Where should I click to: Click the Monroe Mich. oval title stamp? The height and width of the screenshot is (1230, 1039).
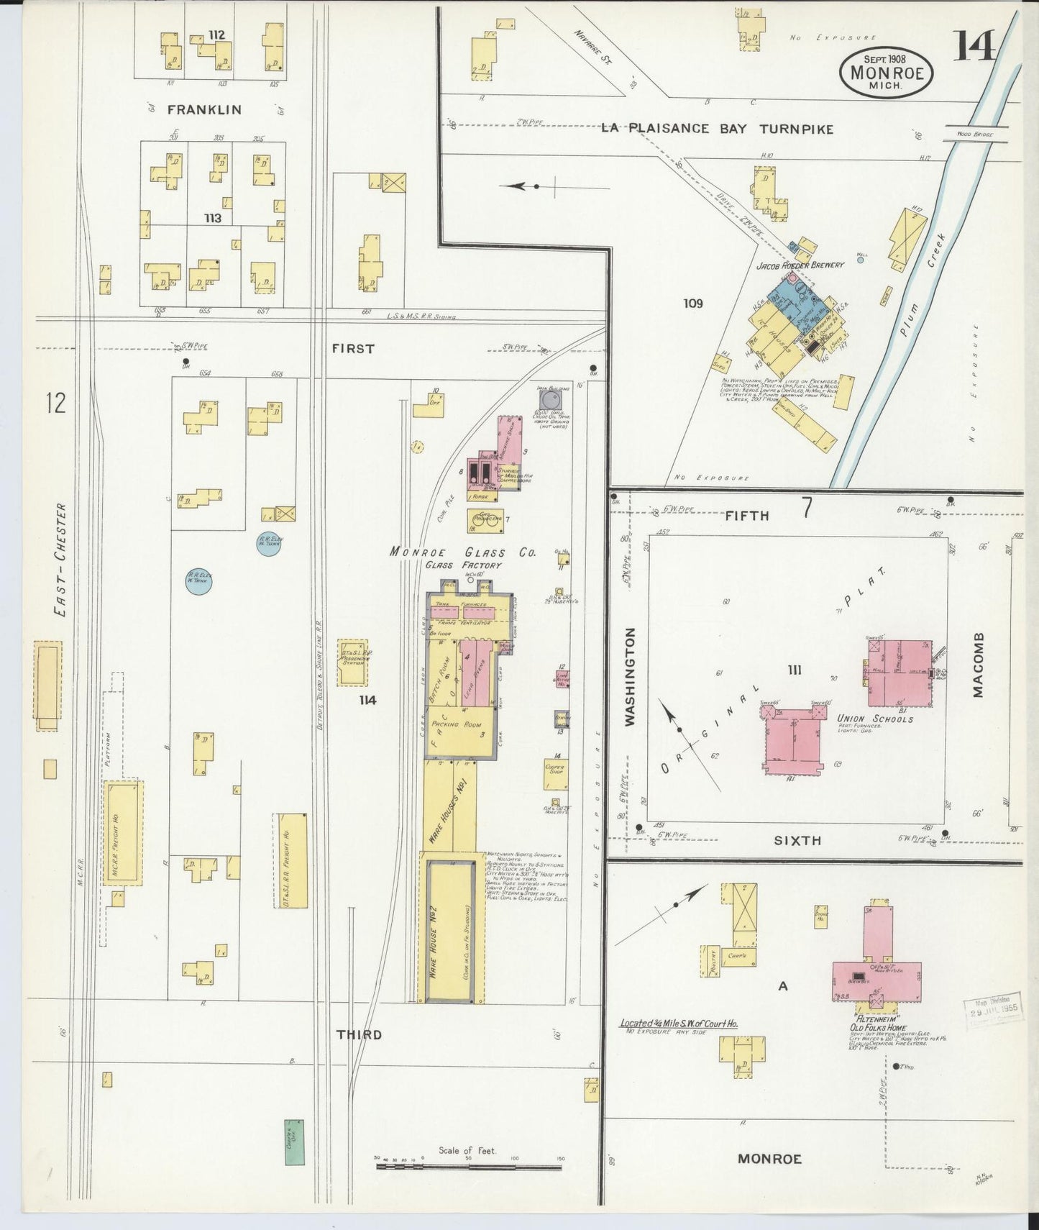point(886,72)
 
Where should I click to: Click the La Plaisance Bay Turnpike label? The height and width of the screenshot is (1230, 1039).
point(717,129)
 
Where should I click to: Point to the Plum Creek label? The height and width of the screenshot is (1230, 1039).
point(923,288)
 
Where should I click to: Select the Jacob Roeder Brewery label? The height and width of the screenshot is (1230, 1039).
point(800,265)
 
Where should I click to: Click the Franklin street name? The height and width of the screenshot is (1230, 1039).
point(204,109)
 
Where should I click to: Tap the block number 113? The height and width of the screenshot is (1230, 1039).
point(212,218)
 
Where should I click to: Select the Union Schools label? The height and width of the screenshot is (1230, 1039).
point(875,719)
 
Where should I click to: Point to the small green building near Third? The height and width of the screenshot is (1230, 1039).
point(293,1142)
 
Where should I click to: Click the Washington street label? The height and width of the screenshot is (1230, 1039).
point(630,676)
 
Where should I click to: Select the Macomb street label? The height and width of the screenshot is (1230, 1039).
point(977,665)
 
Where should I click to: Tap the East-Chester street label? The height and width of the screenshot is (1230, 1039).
point(61,560)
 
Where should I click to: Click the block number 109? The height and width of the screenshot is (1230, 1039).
point(692,304)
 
